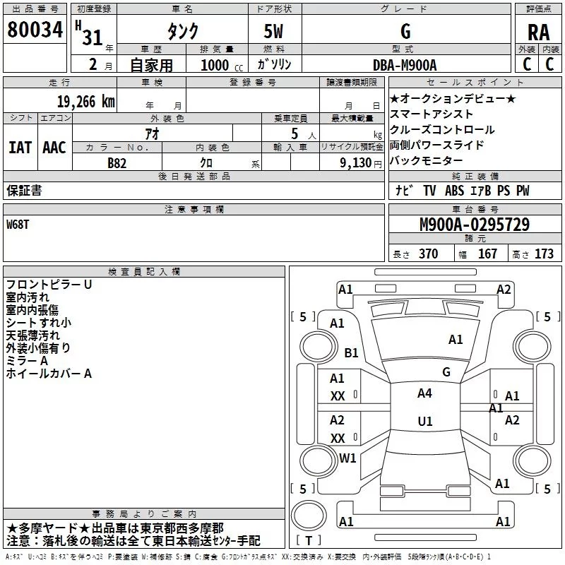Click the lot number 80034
(35, 29)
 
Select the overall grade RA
(539, 32)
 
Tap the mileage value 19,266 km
(86, 102)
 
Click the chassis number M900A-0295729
(475, 225)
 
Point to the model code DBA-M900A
(405, 65)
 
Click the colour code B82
(117, 163)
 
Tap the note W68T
(18, 225)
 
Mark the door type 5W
(273, 31)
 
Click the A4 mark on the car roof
(424, 393)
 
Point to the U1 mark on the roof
(425, 421)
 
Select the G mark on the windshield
(446, 372)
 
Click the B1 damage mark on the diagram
(351, 352)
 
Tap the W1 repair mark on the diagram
(347, 458)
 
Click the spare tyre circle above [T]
(309, 516)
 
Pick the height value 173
(544, 254)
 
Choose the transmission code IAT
(20, 148)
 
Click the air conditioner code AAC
(54, 148)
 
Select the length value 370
(429, 254)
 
